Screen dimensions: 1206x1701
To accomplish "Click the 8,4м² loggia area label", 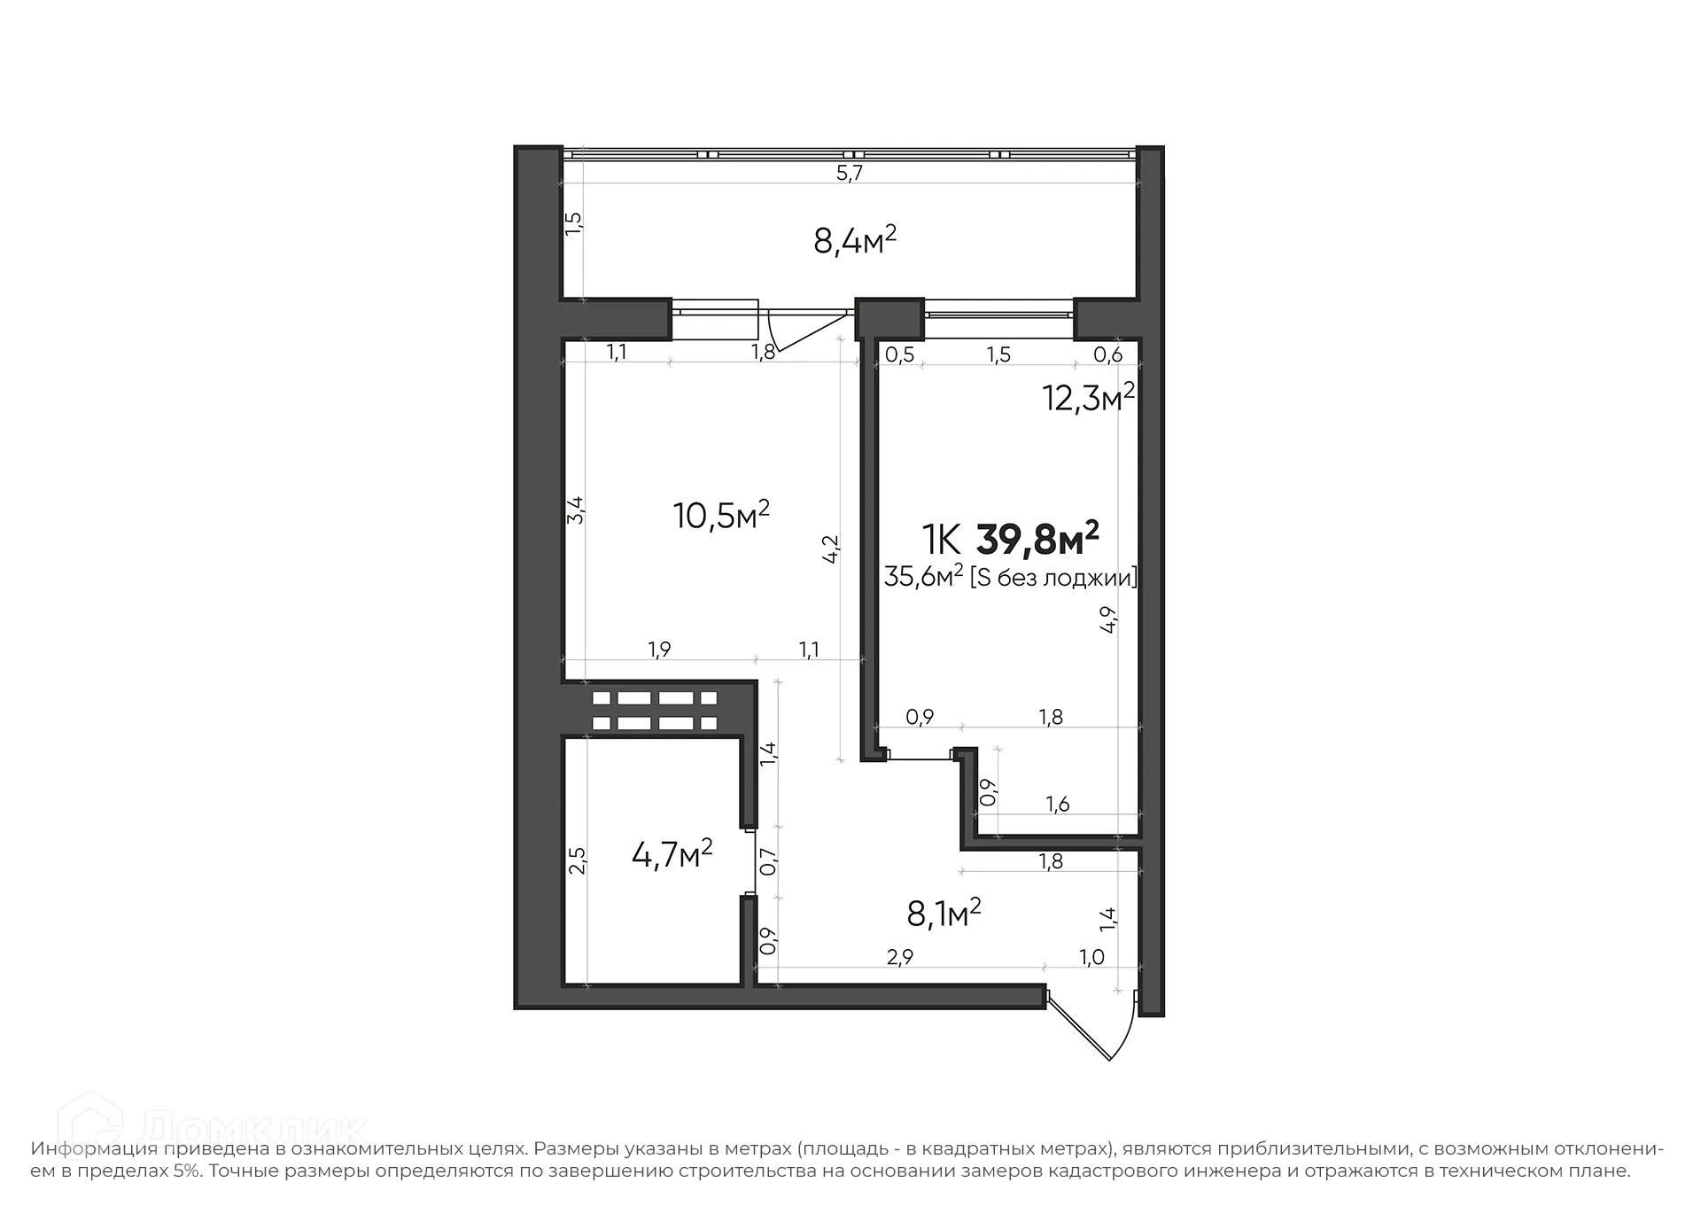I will click(x=854, y=240).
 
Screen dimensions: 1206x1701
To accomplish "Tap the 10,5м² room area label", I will click(x=720, y=515).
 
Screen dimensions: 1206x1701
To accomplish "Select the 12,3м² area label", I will click(x=1088, y=399).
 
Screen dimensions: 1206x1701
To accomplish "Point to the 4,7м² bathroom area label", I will click(x=672, y=854).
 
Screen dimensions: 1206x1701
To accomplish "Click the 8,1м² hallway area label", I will click(x=944, y=913).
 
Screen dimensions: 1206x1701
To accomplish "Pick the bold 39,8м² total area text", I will click(x=1037, y=539).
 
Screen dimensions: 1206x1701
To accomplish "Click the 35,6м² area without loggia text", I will click(x=922, y=578).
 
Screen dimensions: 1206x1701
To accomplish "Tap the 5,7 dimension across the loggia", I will click(x=849, y=174).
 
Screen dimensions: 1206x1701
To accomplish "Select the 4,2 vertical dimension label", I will click(x=831, y=549).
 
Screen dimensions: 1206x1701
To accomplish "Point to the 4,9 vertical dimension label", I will click(x=1107, y=619).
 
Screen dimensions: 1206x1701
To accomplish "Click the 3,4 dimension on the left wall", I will click(x=575, y=510).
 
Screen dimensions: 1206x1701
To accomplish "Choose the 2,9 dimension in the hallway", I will click(x=898, y=956).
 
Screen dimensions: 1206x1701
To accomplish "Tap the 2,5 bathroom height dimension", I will click(x=577, y=860).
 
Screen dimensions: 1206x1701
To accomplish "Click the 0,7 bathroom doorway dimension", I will click(x=768, y=861).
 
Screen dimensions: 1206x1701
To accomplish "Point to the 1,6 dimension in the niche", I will click(x=1057, y=804).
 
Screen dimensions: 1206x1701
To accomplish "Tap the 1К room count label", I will click(x=940, y=539).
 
